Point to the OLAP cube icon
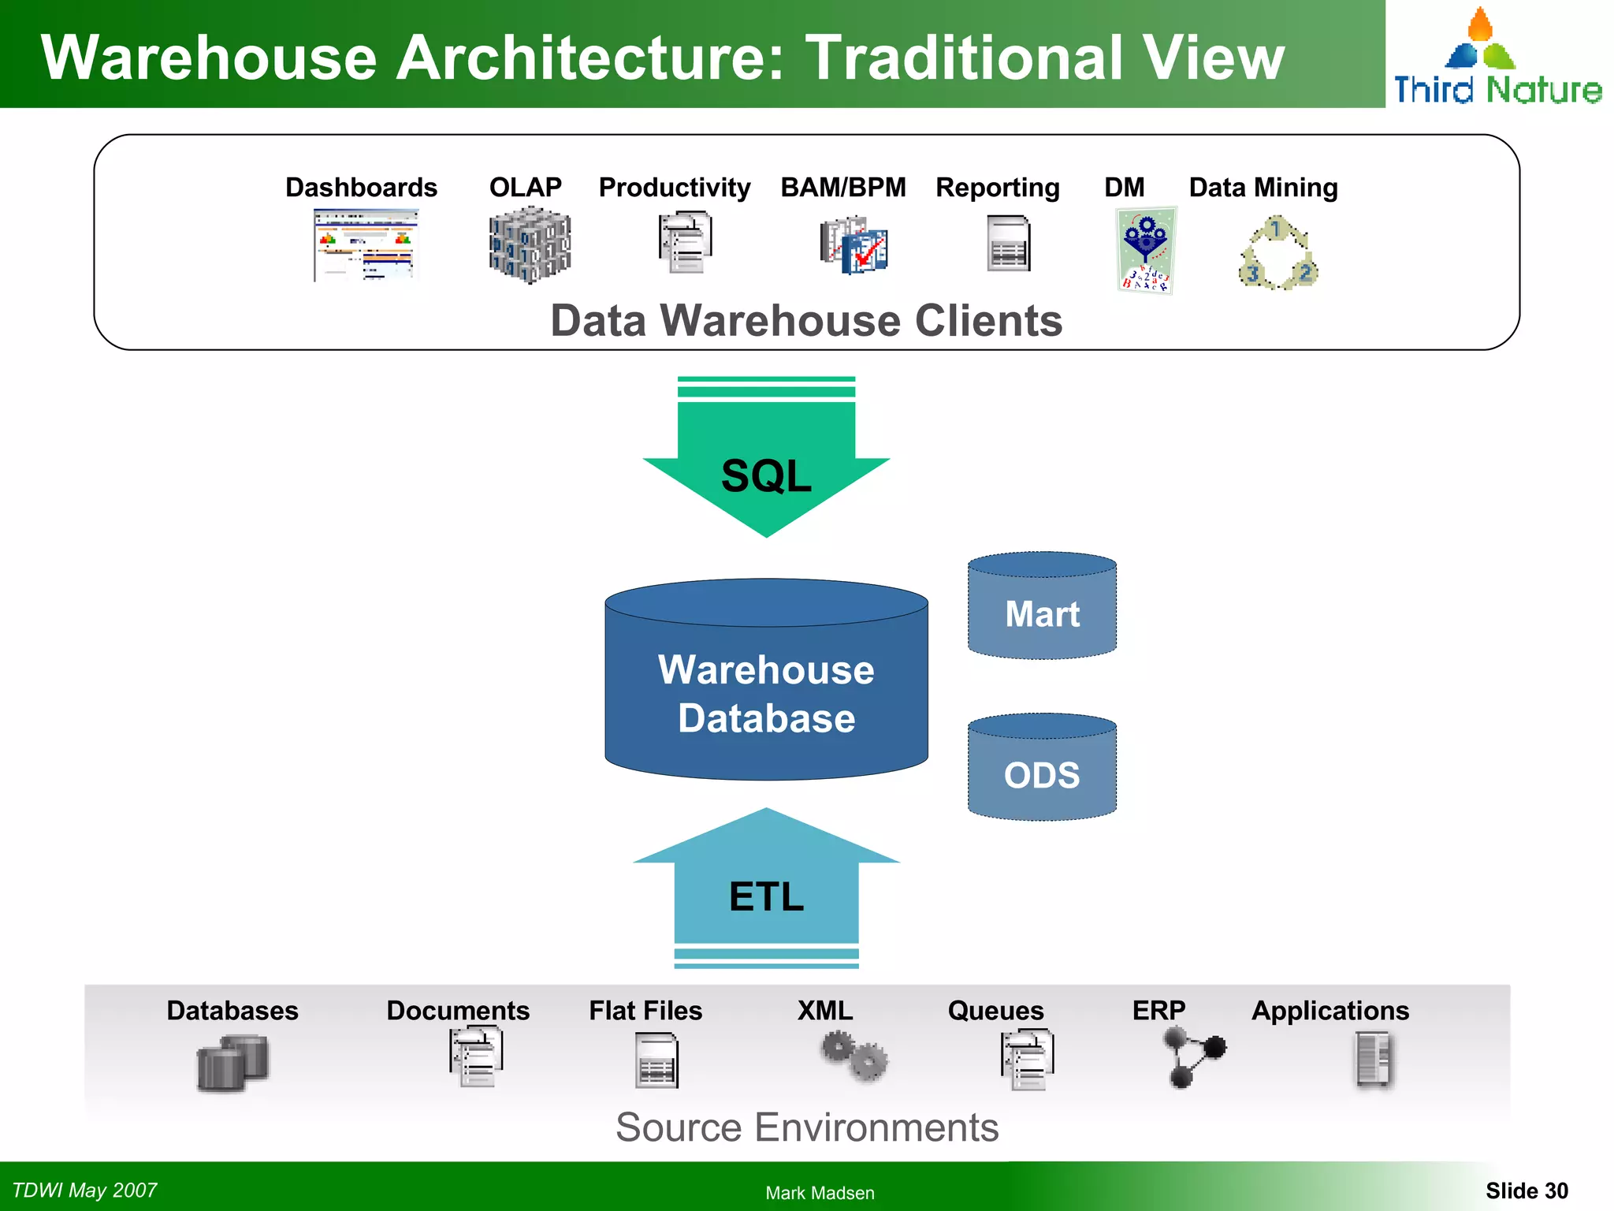point(529,245)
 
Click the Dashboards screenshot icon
point(365,245)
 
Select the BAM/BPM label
point(842,188)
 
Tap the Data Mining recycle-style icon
point(1277,254)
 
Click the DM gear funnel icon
point(1146,251)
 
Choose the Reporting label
point(997,188)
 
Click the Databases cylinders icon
point(232,1063)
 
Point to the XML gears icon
point(854,1057)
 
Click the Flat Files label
point(645,1011)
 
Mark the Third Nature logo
point(1497,59)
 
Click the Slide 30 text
point(1527,1191)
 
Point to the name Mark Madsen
point(820,1193)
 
